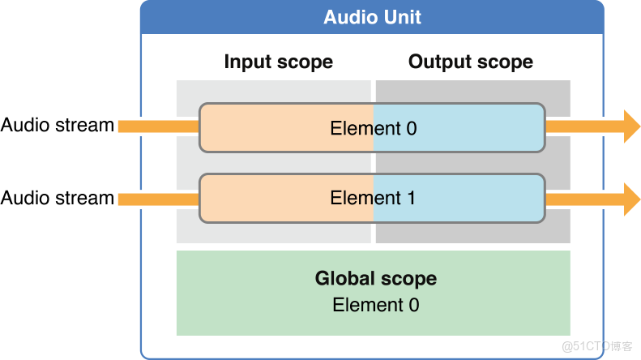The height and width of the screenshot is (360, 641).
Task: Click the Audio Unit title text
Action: pyautogui.click(x=372, y=17)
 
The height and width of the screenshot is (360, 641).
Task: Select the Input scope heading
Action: pyautogui.click(x=278, y=62)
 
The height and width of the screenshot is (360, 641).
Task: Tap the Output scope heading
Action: pyautogui.click(x=470, y=62)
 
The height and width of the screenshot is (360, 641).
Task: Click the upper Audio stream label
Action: pyautogui.click(x=57, y=126)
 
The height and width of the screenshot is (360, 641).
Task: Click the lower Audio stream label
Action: pyautogui.click(x=57, y=198)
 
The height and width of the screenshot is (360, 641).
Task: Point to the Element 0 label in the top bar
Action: pyautogui.click(x=373, y=128)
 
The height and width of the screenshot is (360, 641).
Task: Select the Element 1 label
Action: pyautogui.click(x=373, y=198)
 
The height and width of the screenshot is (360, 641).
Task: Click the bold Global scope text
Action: pyautogui.click(x=375, y=279)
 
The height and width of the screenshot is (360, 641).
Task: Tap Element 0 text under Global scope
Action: pyautogui.click(x=375, y=305)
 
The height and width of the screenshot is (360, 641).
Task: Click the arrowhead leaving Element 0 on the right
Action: pyautogui.click(x=630, y=126)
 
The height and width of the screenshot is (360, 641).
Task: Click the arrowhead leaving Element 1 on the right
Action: pyautogui.click(x=630, y=199)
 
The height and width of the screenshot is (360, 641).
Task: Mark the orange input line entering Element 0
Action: pyautogui.click(x=158, y=126)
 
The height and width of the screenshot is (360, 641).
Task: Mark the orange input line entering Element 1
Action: pyautogui.click(x=158, y=199)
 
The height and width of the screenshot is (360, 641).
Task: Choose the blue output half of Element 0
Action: pyautogui.click(x=486, y=128)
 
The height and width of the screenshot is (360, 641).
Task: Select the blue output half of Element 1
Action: pyautogui.click(x=486, y=199)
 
